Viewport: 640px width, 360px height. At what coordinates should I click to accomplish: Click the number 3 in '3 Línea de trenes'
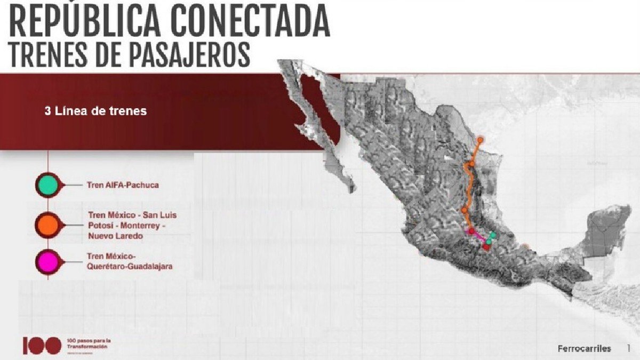click(x=47, y=112)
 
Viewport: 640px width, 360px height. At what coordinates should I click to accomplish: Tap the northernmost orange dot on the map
click(x=481, y=140)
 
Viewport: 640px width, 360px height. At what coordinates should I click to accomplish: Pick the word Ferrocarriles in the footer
click(x=584, y=348)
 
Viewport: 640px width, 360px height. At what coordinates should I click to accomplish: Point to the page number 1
click(x=629, y=348)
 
